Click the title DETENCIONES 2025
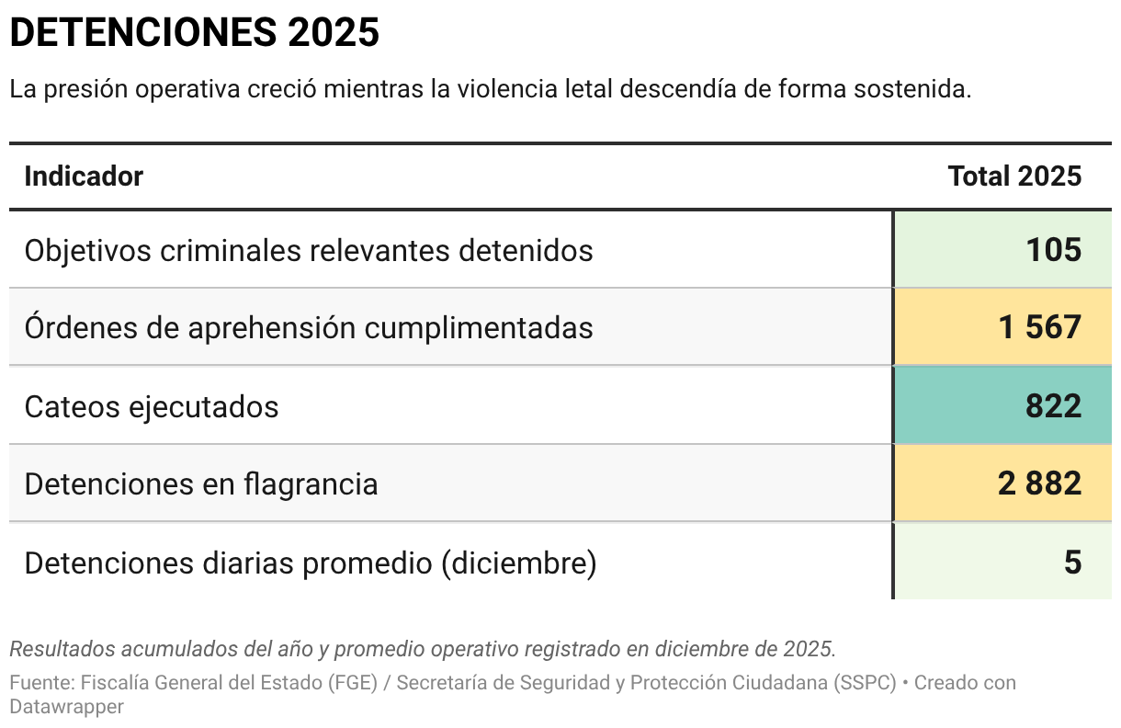point(194,34)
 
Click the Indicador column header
point(84,176)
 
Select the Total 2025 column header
point(1014,176)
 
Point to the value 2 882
point(1039,483)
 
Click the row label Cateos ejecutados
point(152,406)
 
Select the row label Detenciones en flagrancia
point(201,484)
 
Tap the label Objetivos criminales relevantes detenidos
point(309,250)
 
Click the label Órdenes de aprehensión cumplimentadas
point(309,328)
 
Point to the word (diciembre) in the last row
point(518,563)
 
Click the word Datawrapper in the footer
point(66,707)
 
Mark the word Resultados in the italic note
point(54,648)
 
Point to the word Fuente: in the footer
point(42,684)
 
